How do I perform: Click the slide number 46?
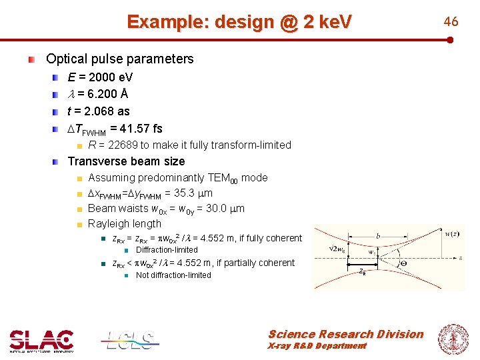(x=451, y=21)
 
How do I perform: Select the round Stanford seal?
(x=453, y=337)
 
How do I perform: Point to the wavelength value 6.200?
(x=101, y=94)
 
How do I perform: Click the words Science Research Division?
(x=345, y=334)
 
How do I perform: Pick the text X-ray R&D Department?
(x=317, y=346)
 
